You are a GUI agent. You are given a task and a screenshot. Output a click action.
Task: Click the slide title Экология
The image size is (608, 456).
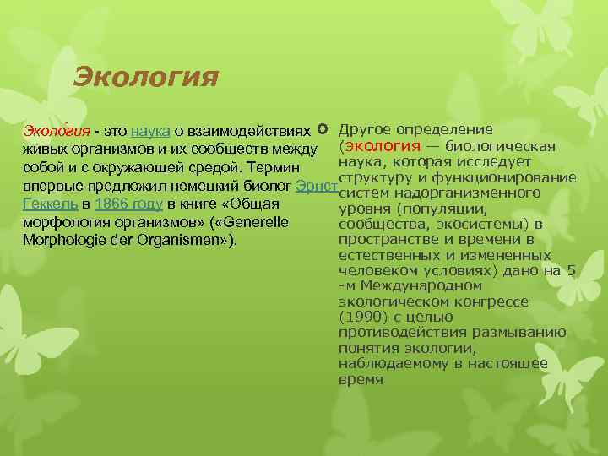[145, 78]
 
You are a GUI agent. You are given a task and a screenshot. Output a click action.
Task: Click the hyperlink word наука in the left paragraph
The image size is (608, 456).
[152, 131]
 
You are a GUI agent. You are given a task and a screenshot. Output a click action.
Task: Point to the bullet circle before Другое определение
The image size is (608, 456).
[323, 130]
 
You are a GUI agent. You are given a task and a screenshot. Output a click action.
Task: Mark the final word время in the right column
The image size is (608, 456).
[361, 379]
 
